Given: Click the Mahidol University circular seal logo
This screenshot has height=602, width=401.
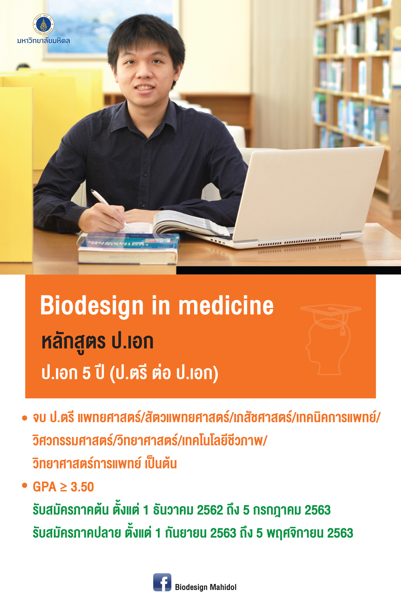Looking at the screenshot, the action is pos(44,24).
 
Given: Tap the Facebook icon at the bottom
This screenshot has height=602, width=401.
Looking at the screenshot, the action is pos(162,582).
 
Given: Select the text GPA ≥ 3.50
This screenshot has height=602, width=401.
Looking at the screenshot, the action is pos(63,487).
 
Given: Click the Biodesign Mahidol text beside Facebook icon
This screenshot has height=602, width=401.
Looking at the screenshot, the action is pos(206,587).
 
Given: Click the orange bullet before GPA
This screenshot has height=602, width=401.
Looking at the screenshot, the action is pos(25,486).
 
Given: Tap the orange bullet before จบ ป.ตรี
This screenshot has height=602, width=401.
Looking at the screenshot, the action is pos(25,418).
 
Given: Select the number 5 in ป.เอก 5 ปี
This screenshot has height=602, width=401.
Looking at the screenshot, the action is pos(86,374).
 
